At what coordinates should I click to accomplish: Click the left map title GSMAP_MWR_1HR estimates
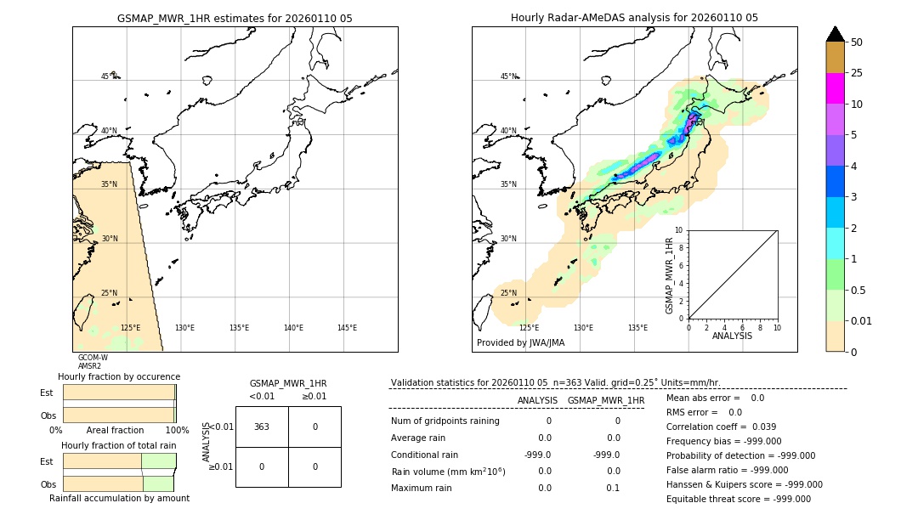(235, 18)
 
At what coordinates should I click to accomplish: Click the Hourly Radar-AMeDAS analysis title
(634, 18)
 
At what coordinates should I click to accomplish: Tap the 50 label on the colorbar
(857, 42)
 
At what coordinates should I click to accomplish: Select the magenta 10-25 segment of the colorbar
(835, 88)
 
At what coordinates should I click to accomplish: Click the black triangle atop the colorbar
(835, 34)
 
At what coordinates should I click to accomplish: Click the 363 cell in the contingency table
(262, 427)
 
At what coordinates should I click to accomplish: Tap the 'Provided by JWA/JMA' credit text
(520, 342)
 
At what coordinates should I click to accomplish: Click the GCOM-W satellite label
(93, 358)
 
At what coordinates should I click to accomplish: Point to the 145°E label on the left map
(347, 328)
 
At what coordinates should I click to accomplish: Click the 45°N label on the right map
(508, 76)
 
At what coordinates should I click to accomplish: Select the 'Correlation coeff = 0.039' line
(721, 427)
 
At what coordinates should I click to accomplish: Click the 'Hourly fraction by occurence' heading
(119, 376)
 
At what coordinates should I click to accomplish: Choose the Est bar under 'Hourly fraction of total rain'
(119, 461)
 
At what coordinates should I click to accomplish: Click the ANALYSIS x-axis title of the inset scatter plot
(732, 336)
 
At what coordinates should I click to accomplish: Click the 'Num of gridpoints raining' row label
(445, 421)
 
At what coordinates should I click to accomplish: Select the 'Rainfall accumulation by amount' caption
(119, 498)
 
